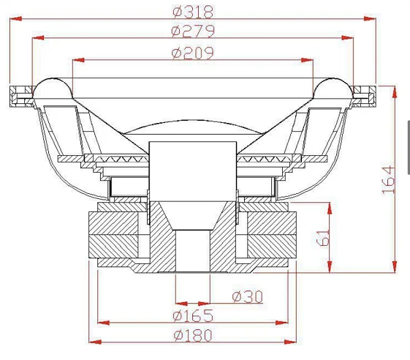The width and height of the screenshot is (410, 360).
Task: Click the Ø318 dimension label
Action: pyautogui.click(x=193, y=12)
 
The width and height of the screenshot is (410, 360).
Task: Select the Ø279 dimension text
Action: pyautogui.click(x=193, y=31)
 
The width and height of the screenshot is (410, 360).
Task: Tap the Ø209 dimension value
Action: pyautogui.click(x=192, y=53)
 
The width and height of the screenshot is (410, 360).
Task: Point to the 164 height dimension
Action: pyautogui.click(x=388, y=179)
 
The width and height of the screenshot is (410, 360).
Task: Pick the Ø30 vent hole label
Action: pyautogui.click(x=247, y=297)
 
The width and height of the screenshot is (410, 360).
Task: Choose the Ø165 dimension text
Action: pyautogui.click(x=193, y=315)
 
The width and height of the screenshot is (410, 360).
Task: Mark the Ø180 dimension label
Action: pyautogui.click(x=193, y=335)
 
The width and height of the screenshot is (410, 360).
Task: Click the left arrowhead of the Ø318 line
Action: pyautogui.click(x=15, y=19)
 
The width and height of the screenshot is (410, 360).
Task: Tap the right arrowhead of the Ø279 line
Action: pyautogui.click(x=347, y=38)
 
